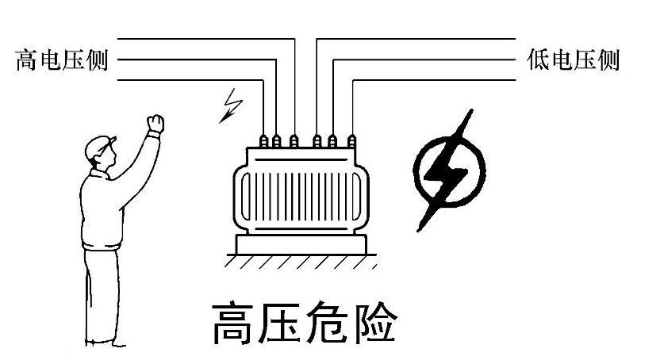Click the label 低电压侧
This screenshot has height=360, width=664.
pyautogui.click(x=572, y=60)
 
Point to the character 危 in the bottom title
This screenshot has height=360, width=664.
pyautogui.click(x=326, y=323)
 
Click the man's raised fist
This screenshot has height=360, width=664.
pyautogui.click(x=155, y=123)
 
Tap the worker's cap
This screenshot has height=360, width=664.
pyautogui.click(x=98, y=145)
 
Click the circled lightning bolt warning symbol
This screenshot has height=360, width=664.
pyautogui.click(x=448, y=170)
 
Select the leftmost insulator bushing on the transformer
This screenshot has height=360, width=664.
pyautogui.click(x=265, y=141)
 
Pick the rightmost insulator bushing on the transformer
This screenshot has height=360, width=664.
pyautogui.click(x=350, y=141)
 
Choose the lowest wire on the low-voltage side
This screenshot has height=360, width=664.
pyautogui.click(x=436, y=80)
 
